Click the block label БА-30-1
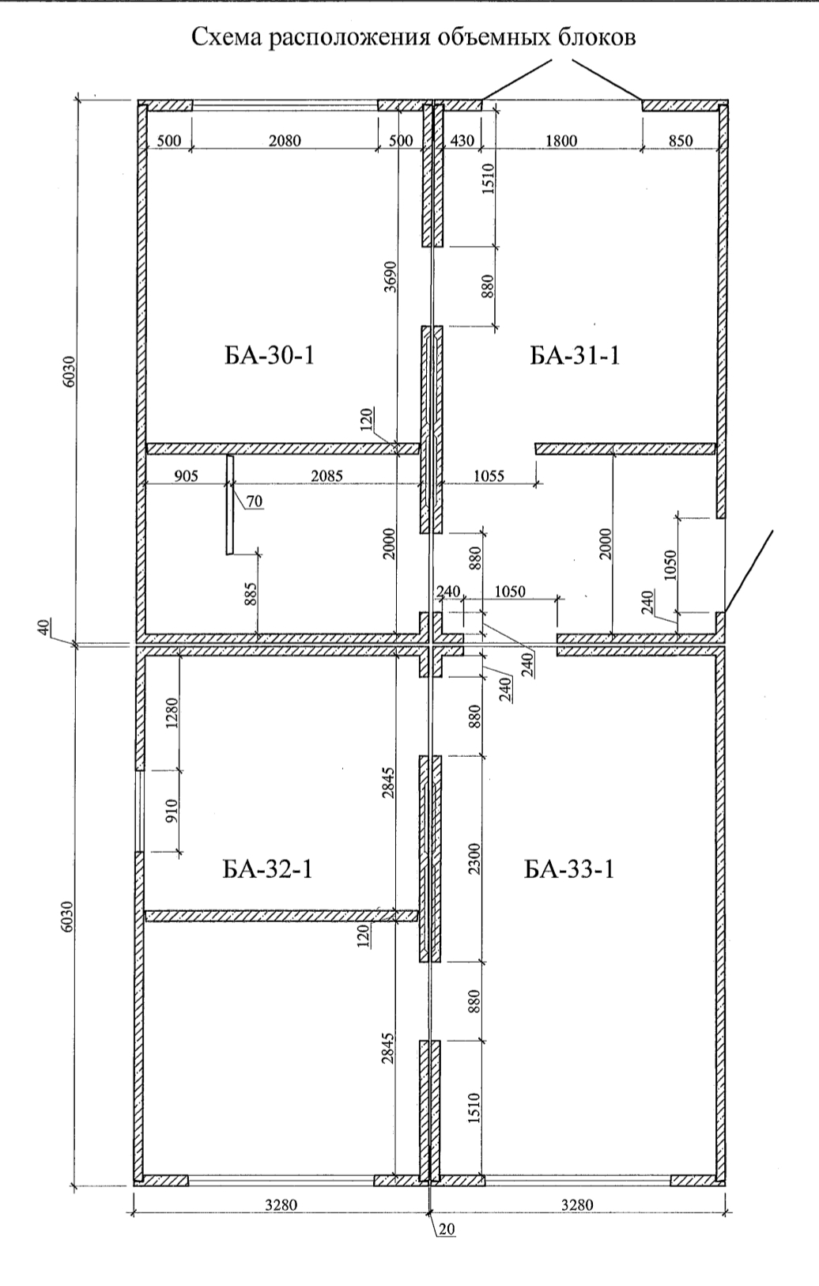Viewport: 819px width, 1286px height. pyautogui.click(x=269, y=356)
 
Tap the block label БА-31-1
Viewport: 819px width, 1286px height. pyautogui.click(x=575, y=356)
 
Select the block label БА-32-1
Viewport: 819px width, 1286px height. pyautogui.click(x=267, y=870)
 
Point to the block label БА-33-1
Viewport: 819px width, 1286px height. pyautogui.click(x=569, y=870)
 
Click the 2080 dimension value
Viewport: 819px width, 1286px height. pyautogui.click(x=285, y=141)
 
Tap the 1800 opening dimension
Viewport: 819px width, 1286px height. pyautogui.click(x=561, y=141)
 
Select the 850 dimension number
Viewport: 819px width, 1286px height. pyautogui.click(x=681, y=141)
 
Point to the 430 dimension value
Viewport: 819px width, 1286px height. pyautogui.click(x=462, y=141)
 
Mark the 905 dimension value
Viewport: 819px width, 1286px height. pyautogui.click(x=186, y=476)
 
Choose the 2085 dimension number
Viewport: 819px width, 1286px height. pyautogui.click(x=326, y=476)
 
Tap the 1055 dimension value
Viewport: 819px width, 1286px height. pyautogui.click(x=489, y=476)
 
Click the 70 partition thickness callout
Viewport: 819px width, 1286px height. pyautogui.click(x=255, y=501)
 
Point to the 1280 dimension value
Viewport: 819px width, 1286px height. pyautogui.click(x=173, y=712)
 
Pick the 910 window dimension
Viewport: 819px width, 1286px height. pyautogui.click(x=173, y=811)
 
